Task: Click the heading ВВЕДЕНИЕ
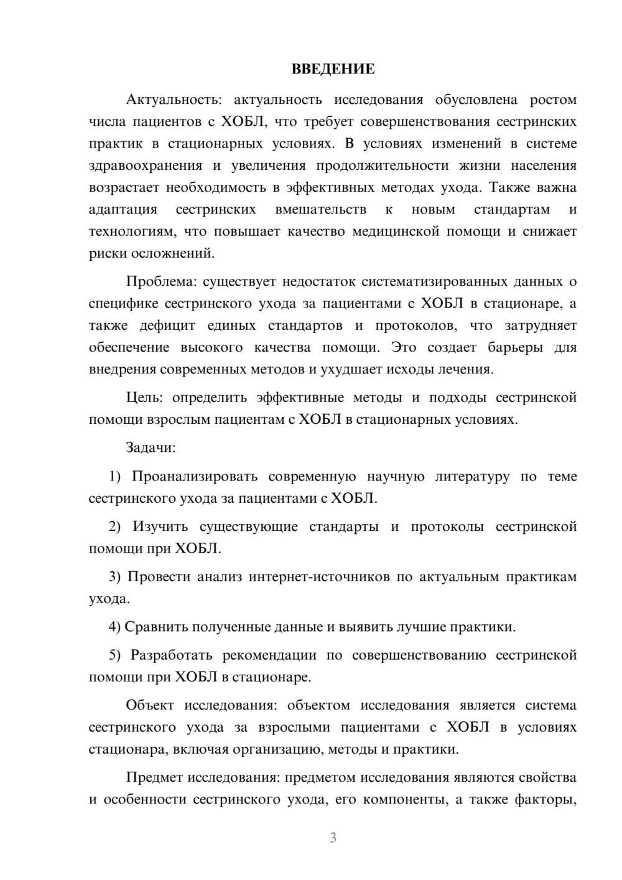[x=333, y=69]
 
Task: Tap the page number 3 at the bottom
[x=333, y=838]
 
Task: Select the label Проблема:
[x=161, y=281]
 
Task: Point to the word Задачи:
[x=151, y=447]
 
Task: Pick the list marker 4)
[x=114, y=627]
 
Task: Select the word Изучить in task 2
[x=160, y=527]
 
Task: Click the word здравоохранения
[x=146, y=166]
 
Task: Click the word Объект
[x=149, y=706]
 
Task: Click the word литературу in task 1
[x=472, y=477]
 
